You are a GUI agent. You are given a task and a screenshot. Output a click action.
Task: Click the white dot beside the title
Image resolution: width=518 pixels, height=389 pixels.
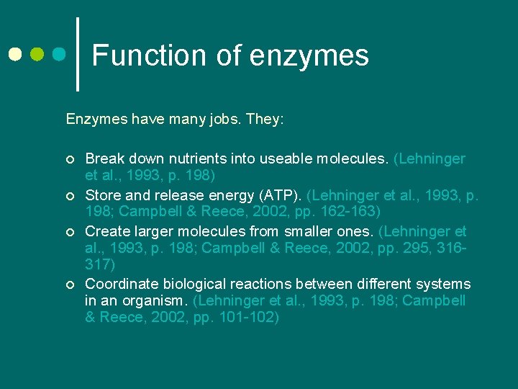(x=15, y=54)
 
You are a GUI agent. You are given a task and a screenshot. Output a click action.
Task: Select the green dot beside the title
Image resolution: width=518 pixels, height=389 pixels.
(x=37, y=54)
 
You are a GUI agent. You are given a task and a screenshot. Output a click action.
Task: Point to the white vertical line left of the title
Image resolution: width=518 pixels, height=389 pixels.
(x=77, y=54)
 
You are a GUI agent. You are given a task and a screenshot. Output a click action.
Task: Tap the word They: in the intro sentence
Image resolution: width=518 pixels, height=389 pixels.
(x=264, y=118)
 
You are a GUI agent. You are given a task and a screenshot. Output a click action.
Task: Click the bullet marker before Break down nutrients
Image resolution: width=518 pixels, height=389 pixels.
(x=69, y=159)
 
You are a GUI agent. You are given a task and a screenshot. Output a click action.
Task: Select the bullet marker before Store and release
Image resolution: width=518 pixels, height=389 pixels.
(x=69, y=195)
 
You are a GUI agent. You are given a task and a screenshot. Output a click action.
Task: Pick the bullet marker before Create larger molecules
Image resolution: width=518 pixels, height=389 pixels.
(x=69, y=232)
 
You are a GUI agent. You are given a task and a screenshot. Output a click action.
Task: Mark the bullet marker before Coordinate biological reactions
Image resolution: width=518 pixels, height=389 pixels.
(x=69, y=285)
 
